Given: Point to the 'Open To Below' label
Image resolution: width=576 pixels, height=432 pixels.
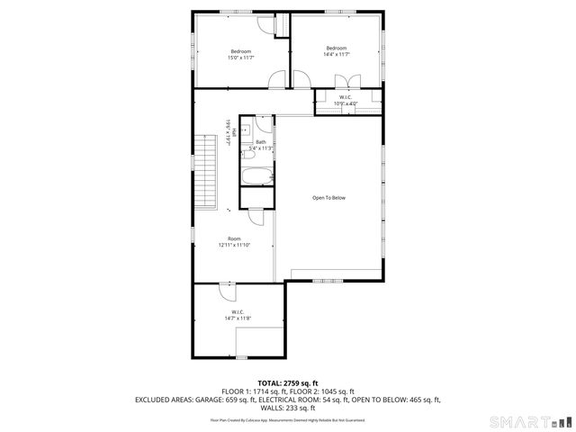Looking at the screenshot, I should [328, 198].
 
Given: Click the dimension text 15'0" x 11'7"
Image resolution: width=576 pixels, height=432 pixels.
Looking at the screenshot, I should [240, 58].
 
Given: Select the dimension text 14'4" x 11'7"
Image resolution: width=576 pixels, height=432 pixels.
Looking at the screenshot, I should [337, 54].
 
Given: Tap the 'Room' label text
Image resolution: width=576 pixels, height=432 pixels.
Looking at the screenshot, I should [234, 238].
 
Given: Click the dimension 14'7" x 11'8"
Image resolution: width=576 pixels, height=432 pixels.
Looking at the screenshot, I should [238, 318].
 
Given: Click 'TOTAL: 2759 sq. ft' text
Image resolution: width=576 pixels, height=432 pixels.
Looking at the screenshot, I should [288, 383].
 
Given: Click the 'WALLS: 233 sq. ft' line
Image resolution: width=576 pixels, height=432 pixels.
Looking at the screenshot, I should [288, 407].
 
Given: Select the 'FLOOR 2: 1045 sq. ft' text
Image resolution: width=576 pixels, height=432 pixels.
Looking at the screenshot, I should [321, 391].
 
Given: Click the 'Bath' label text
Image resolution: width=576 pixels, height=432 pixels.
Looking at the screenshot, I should [260, 142].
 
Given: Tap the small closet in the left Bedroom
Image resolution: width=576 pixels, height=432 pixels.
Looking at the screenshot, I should [282, 27].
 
